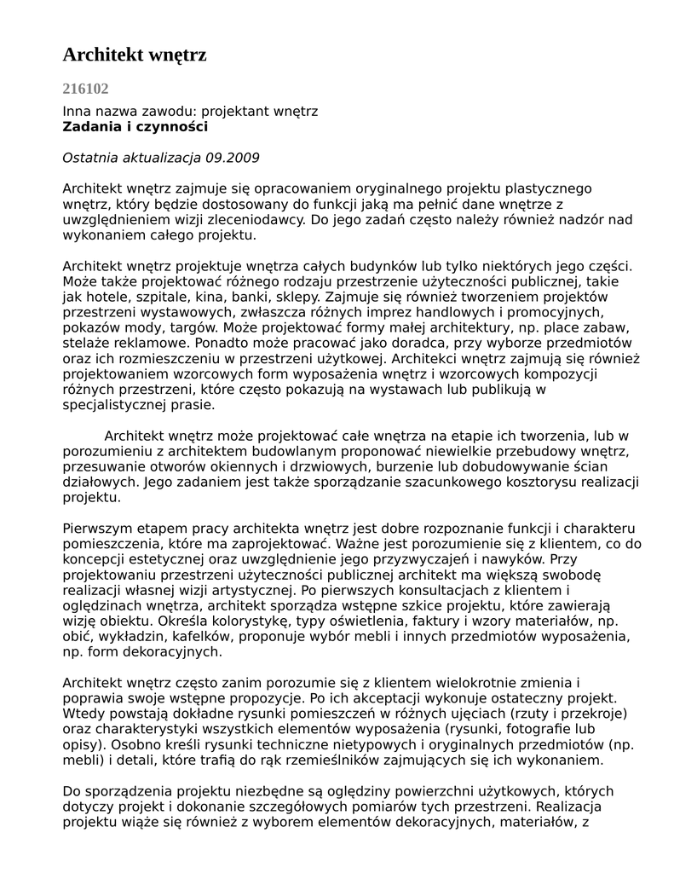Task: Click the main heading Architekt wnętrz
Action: [135, 55]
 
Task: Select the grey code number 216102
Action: [85, 89]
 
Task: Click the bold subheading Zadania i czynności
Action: [135, 127]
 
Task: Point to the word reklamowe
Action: [137, 344]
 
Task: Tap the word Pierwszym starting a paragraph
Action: [101, 528]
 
